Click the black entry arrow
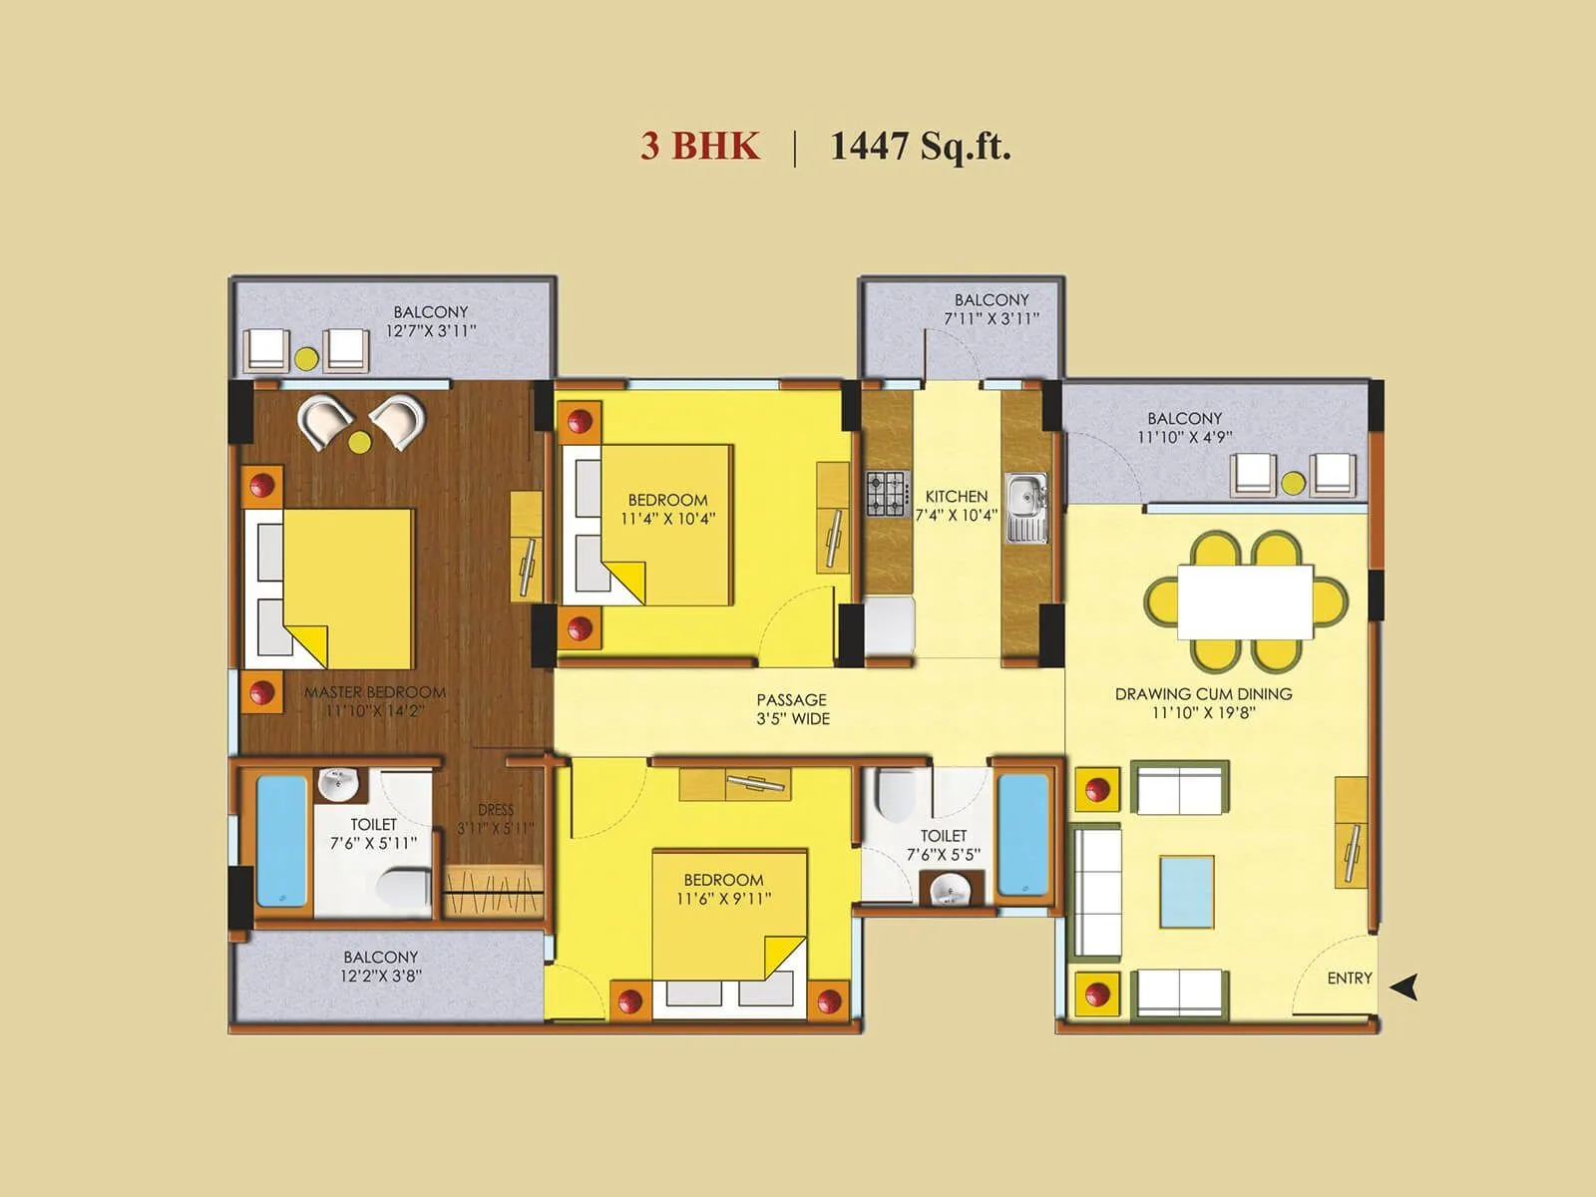(1405, 987)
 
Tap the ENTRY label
(1349, 979)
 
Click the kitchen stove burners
(886, 493)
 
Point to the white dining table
(1245, 601)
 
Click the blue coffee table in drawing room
(1187, 892)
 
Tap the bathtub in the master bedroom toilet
(281, 842)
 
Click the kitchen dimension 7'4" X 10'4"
(956, 516)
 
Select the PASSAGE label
(791, 700)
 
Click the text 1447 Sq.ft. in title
(920, 147)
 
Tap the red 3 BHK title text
(699, 147)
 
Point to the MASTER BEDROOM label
(375, 692)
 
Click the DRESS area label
(496, 810)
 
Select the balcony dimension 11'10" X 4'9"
(1184, 437)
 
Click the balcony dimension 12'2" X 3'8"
(380, 977)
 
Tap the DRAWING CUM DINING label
(1203, 694)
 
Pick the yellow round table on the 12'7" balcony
(306, 358)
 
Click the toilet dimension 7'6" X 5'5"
(943, 855)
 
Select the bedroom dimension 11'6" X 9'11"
(723, 899)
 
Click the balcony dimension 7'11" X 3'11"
(992, 319)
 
